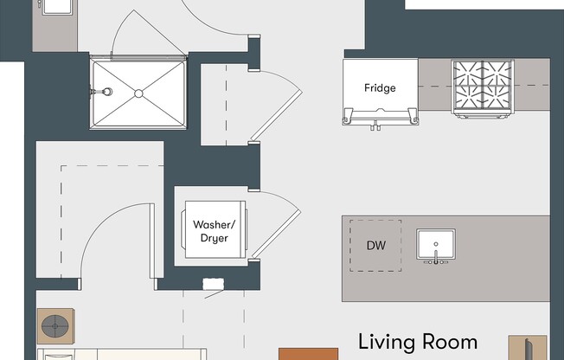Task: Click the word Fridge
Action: (380, 88)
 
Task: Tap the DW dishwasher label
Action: (375, 246)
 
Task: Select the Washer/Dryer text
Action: (211, 231)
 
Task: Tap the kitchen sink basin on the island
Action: (436, 244)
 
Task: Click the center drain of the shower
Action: (138, 92)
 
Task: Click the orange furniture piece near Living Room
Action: (308, 354)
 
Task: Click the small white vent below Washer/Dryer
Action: (213, 284)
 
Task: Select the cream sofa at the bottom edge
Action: (121, 354)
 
